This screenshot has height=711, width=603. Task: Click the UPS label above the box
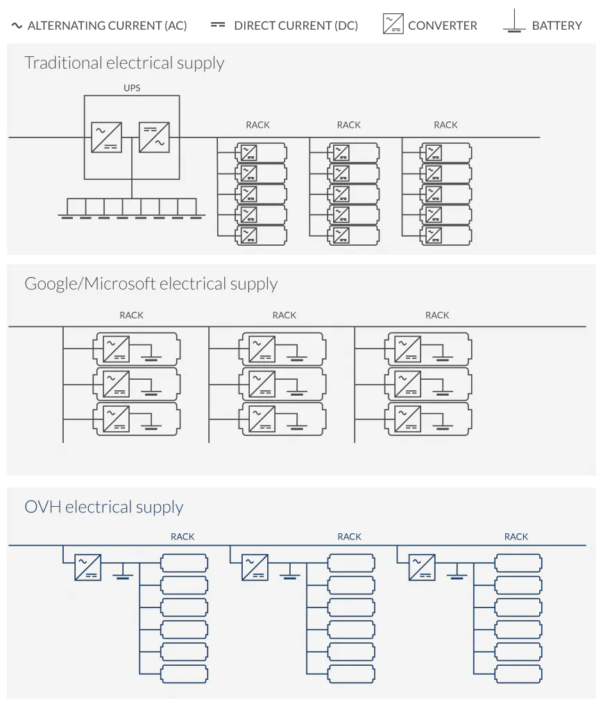(132, 88)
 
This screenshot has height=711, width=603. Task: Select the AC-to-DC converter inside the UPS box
(106, 137)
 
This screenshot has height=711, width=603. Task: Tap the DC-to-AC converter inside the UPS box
(154, 137)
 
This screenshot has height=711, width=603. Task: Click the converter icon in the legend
(393, 24)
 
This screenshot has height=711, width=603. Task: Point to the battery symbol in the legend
(514, 21)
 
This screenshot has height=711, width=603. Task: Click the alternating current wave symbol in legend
(17, 26)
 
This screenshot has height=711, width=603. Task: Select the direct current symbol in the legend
(218, 25)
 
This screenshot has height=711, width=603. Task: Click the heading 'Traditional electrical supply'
(124, 62)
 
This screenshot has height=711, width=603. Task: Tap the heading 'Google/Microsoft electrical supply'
(151, 284)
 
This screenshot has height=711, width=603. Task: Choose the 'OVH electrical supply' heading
(104, 506)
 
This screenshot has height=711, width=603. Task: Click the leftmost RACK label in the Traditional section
(257, 125)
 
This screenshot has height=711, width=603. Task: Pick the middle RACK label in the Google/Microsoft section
(284, 316)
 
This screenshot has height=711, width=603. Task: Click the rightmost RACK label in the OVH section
(516, 537)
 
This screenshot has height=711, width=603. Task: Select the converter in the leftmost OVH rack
(88, 567)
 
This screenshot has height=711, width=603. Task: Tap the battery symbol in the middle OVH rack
(290, 572)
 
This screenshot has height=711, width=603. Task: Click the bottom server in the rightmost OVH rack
(518, 674)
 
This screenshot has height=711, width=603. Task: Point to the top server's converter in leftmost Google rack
(117, 349)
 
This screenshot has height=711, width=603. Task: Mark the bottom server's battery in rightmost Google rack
(442, 421)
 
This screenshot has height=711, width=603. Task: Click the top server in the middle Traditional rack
(353, 153)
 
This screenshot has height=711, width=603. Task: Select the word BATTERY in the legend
(557, 26)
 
